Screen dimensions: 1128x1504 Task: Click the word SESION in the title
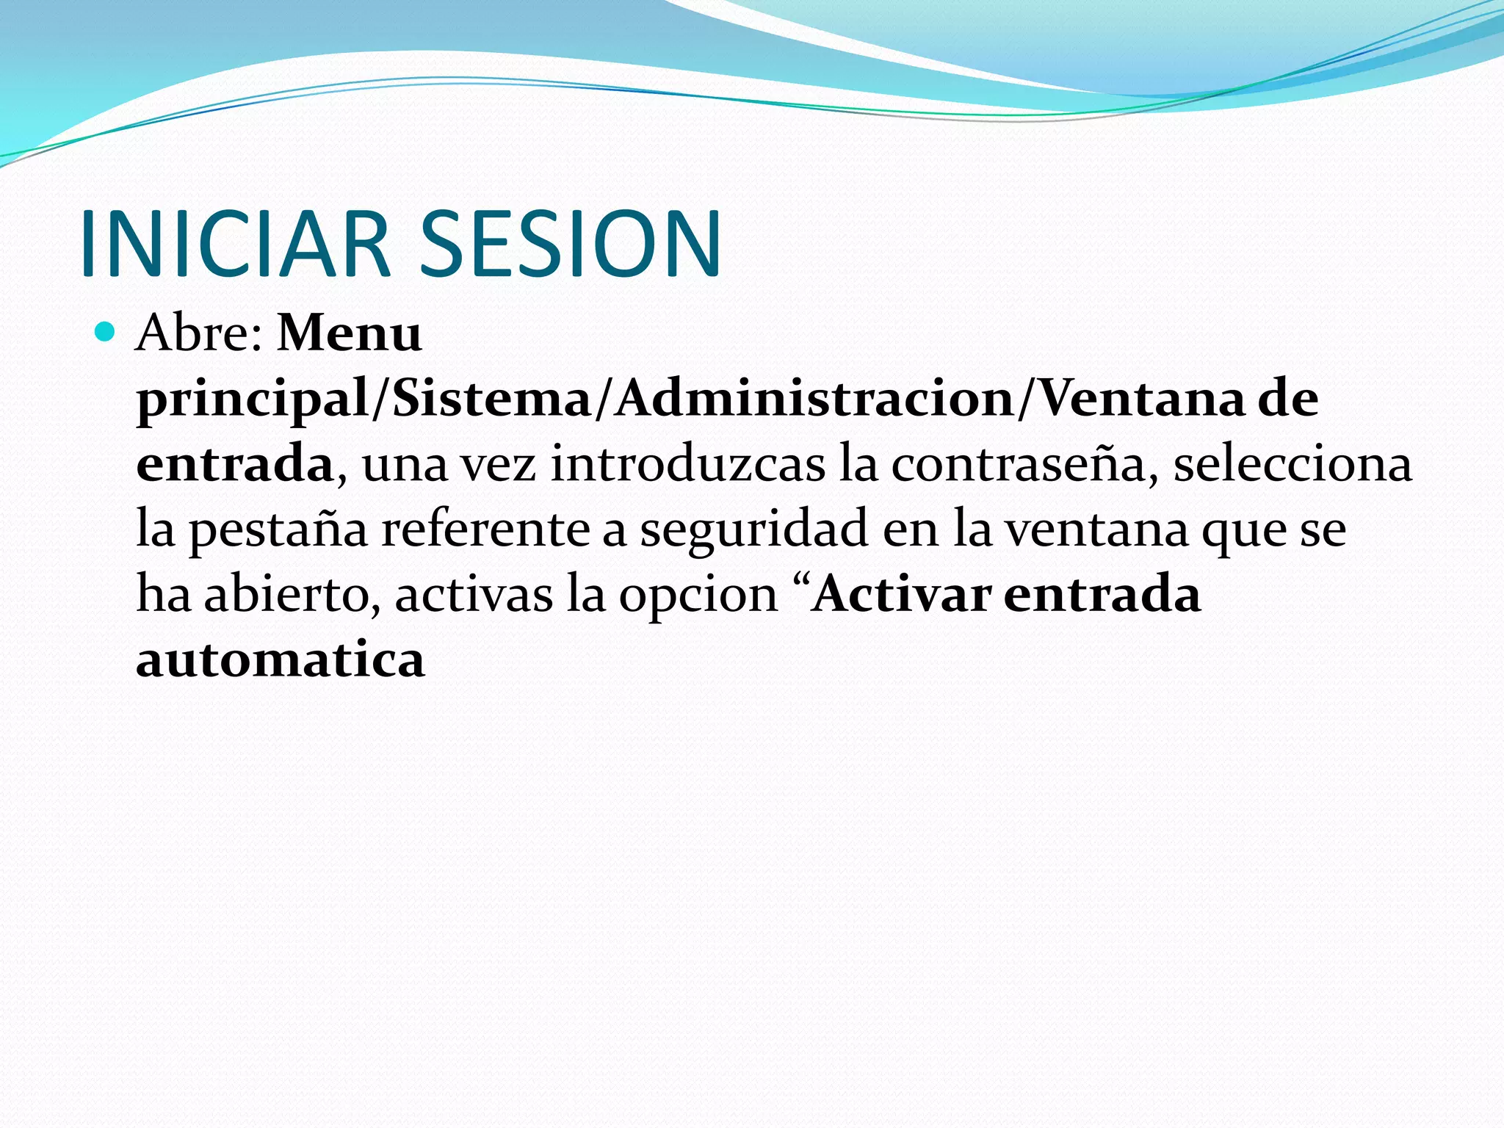[569, 244]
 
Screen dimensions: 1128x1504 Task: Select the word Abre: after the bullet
[200, 334]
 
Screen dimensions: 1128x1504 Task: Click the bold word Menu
[350, 334]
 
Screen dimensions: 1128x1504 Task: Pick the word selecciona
[1292, 465]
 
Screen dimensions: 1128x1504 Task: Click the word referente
[485, 529]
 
